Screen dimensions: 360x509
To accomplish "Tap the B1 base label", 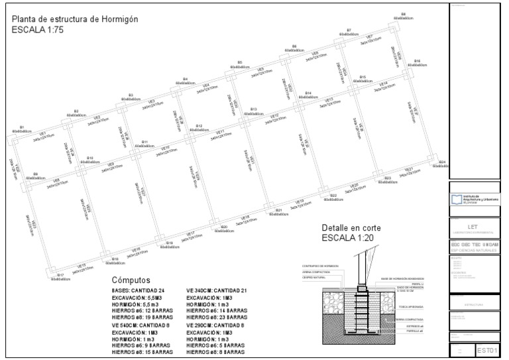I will tap(21, 127).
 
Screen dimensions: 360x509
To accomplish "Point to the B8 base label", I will tap(402, 14).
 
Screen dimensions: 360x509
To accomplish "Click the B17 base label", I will tap(60, 275).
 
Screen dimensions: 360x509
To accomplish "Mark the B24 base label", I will tap(441, 162).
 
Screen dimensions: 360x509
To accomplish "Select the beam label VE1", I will tap(38, 135).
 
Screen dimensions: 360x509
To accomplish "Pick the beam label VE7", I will tap(368, 36).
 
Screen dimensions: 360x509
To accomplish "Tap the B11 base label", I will tap(144, 142).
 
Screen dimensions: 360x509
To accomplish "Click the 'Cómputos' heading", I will tap(132, 280).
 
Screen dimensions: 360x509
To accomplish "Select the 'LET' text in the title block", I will tap(473, 227).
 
